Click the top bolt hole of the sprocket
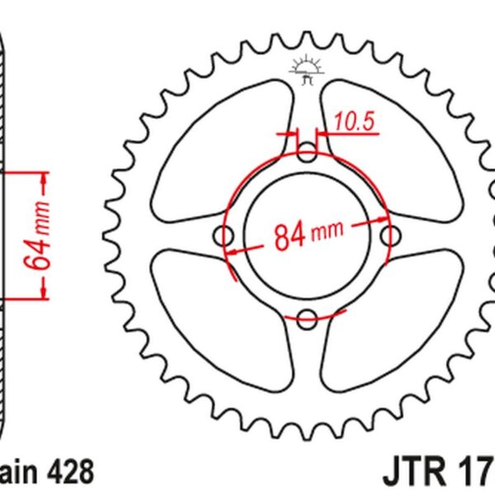click(307, 153)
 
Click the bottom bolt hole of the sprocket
click(307, 318)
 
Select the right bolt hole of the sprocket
click(389, 236)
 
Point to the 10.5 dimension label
click(356, 122)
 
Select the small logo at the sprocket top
click(307, 73)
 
